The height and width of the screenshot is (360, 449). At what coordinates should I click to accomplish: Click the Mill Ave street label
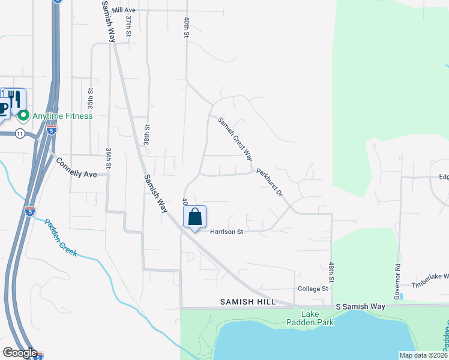coord(124,11)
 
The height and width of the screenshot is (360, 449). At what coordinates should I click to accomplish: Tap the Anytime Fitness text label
coord(62,116)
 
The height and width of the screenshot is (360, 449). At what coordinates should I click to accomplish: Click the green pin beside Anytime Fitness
coord(23,115)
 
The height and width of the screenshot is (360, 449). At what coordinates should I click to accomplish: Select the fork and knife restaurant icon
coord(15,98)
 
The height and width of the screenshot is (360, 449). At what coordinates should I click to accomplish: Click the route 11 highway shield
coord(20,133)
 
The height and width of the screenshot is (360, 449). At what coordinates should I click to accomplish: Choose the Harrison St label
coord(225,232)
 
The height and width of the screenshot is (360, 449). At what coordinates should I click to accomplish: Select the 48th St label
coord(331,272)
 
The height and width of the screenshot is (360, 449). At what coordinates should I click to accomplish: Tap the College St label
coord(313,289)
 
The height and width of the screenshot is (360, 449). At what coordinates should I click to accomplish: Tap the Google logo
coord(20,353)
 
